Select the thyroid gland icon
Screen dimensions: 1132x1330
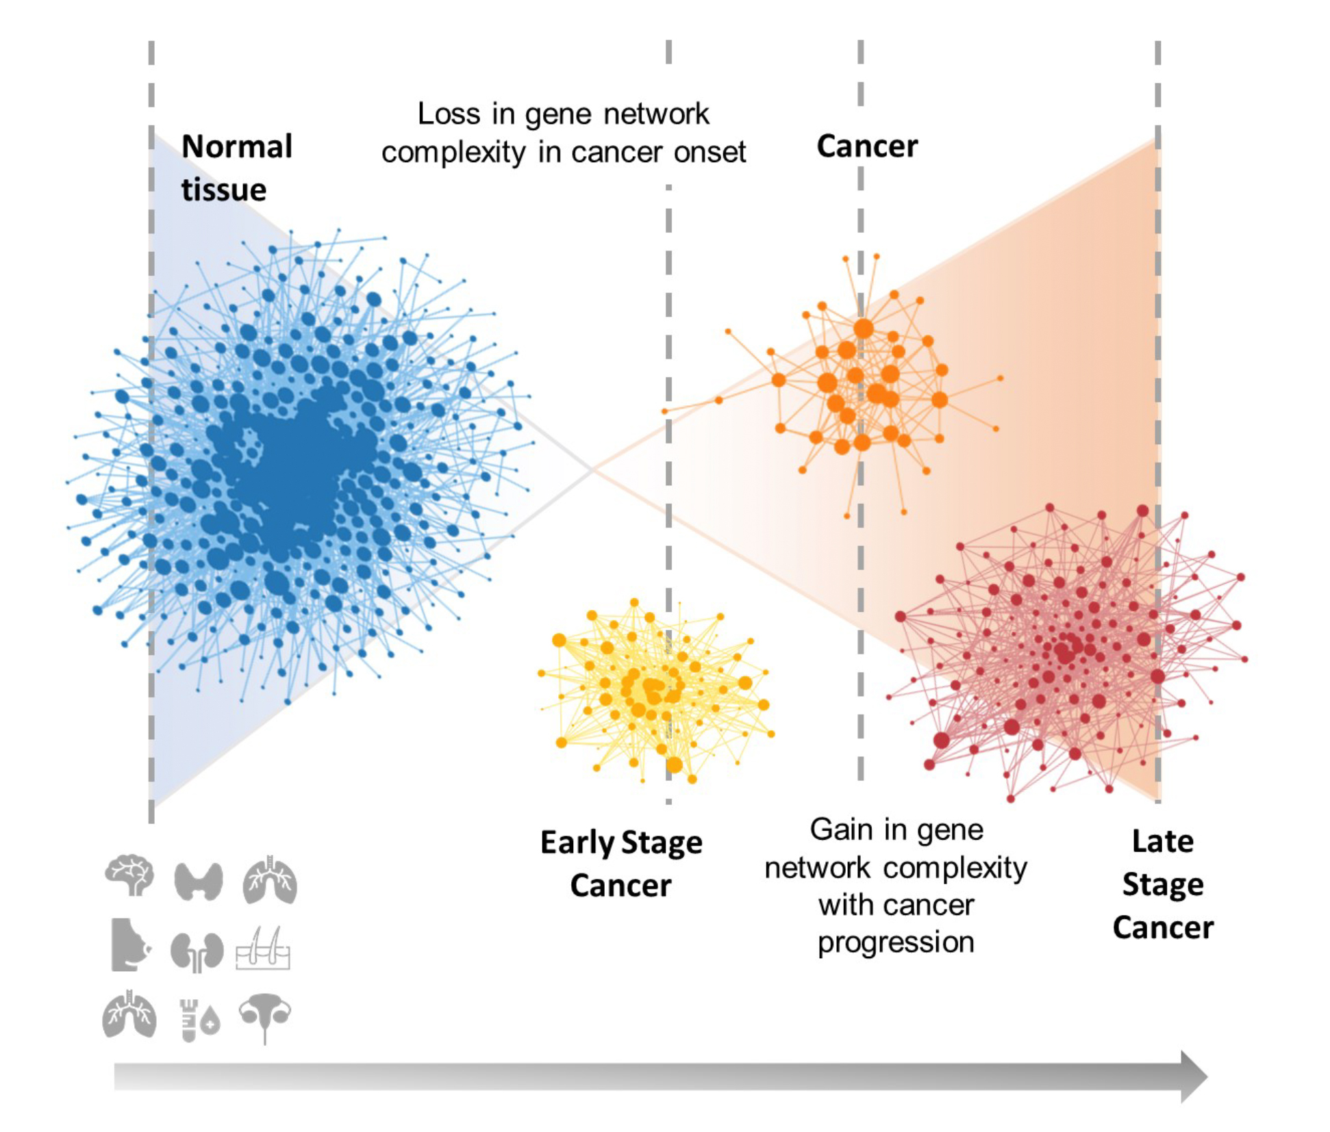pyautogui.click(x=199, y=880)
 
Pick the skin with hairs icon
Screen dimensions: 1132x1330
pyautogui.click(x=263, y=949)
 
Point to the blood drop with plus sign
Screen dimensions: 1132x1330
pyautogui.click(x=210, y=1022)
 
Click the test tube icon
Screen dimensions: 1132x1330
pyautogui.click(x=188, y=1019)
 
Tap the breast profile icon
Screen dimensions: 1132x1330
pyautogui.click(x=129, y=945)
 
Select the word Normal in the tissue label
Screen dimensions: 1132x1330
pyautogui.click(x=237, y=146)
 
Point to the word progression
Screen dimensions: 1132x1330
pyautogui.click(x=896, y=942)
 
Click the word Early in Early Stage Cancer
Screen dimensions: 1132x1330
pyautogui.click(x=577, y=842)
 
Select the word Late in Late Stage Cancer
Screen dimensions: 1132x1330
pyautogui.click(x=1162, y=841)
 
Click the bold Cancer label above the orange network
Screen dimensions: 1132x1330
pyautogui.click(x=867, y=146)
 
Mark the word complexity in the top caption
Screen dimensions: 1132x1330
pyautogui.click(x=454, y=153)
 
